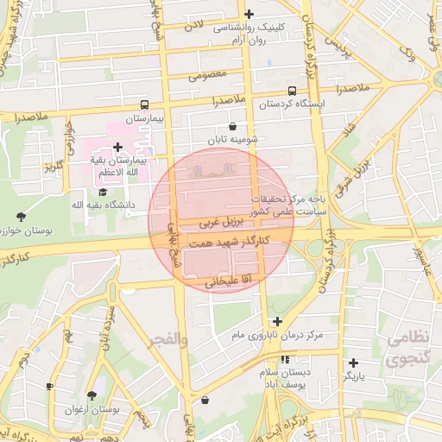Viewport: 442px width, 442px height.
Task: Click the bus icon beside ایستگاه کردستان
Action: coord(292,90)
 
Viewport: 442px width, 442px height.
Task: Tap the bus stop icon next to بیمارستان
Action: coord(144,103)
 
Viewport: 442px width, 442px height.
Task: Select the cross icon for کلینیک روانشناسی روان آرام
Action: coord(249,14)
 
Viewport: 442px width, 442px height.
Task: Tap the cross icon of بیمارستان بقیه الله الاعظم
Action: coord(117,148)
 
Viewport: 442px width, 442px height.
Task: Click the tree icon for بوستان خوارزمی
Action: coord(22,217)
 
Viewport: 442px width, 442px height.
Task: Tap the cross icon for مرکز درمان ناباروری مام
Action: coord(277,322)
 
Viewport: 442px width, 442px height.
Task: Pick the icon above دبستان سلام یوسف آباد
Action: coord(285,359)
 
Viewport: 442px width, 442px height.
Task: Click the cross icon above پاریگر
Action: coord(353,363)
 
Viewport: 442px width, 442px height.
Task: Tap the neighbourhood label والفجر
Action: coord(168,341)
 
